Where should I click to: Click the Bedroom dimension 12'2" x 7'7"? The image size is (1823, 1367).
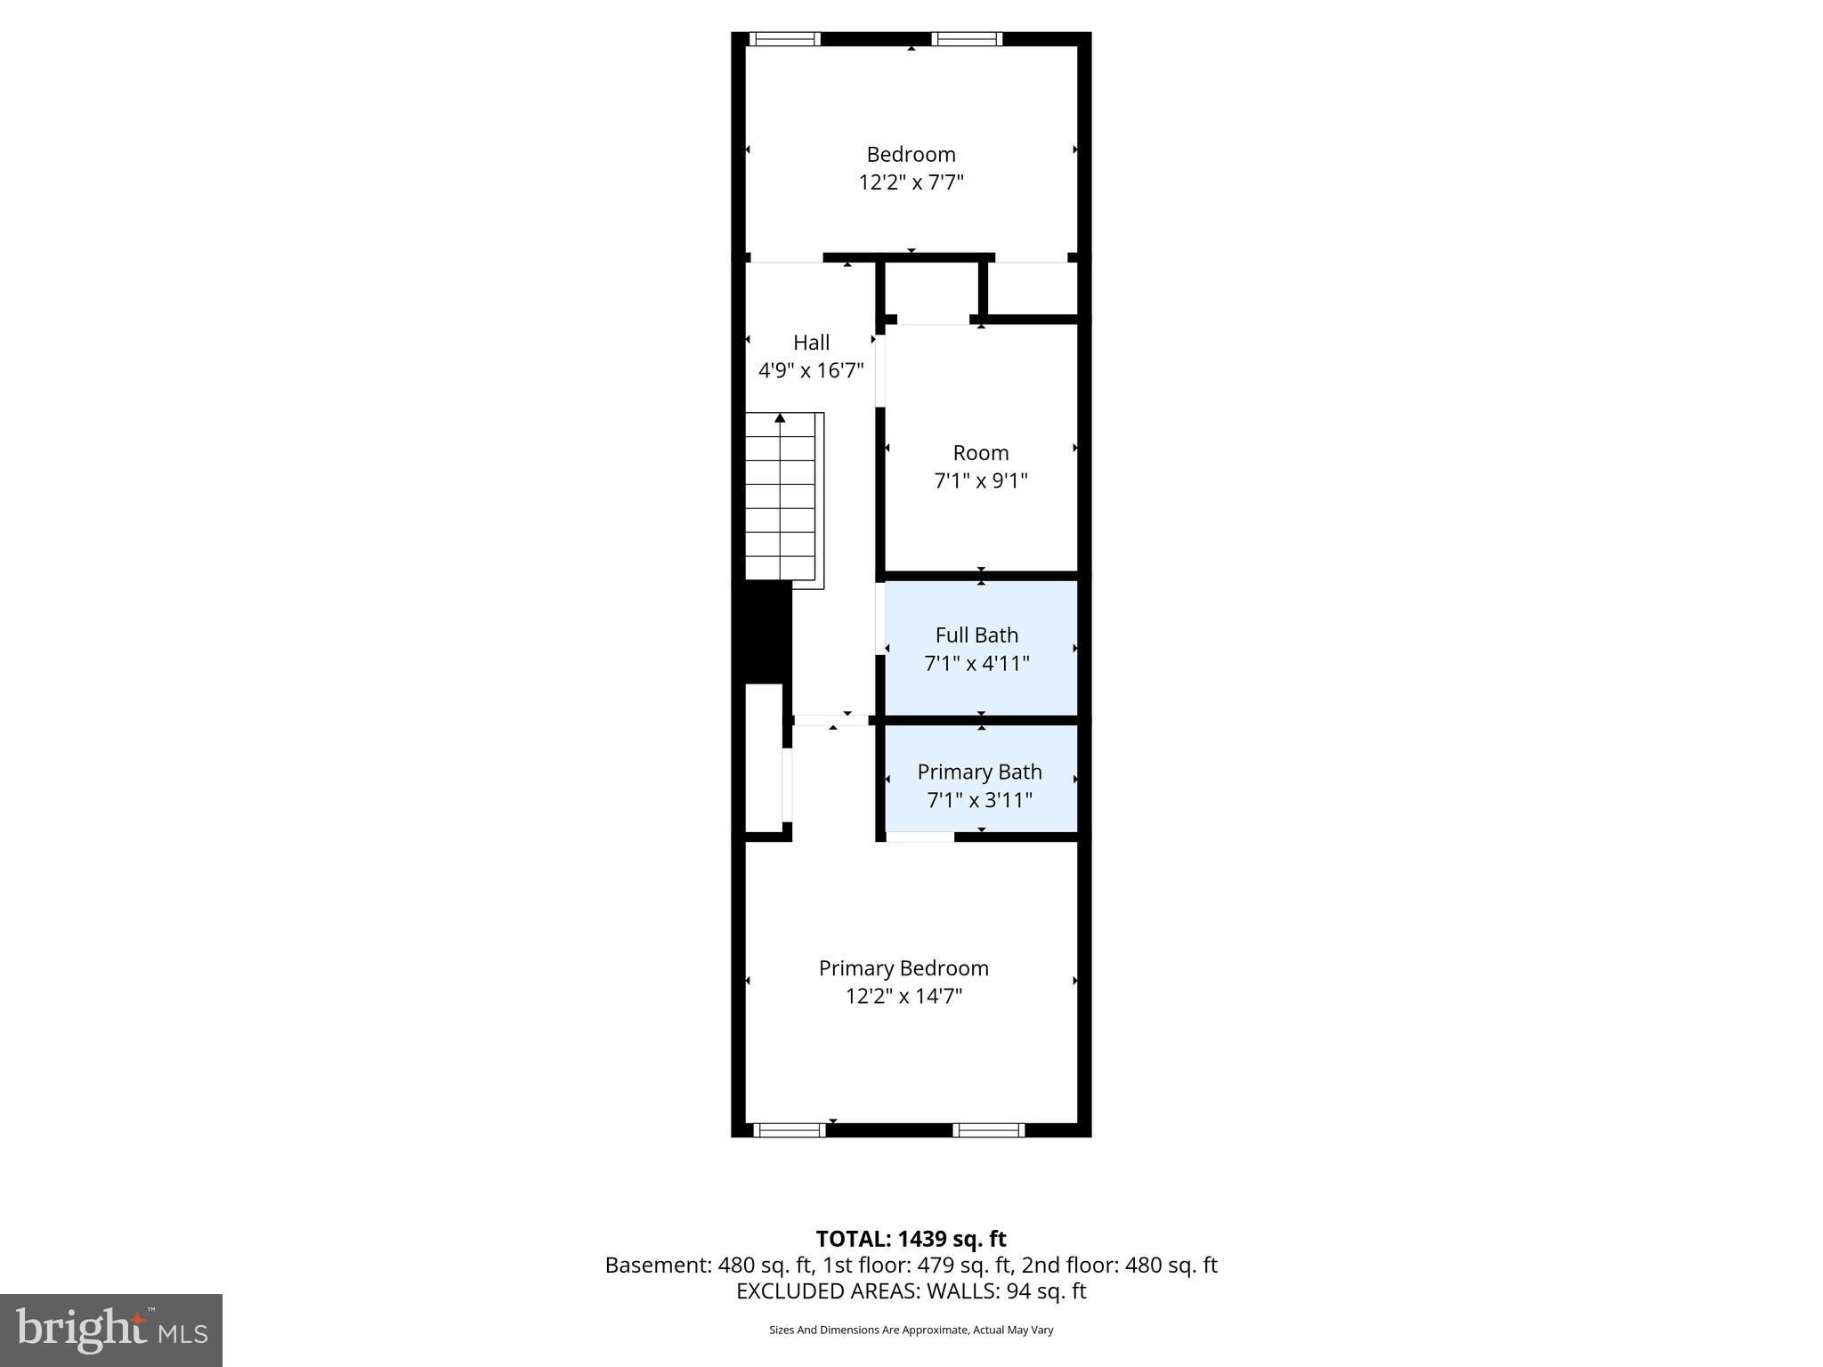(x=911, y=182)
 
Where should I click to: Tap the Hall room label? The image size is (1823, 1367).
(x=811, y=343)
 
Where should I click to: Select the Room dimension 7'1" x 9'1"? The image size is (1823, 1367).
(x=980, y=481)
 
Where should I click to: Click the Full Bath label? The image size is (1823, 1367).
(x=976, y=635)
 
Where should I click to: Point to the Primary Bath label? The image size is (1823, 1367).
(x=979, y=772)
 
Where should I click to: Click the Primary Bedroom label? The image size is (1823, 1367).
(x=903, y=968)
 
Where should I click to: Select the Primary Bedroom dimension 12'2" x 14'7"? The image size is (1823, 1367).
(x=903, y=996)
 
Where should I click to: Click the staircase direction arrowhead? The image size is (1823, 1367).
(x=780, y=417)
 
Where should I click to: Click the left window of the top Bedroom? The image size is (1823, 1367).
(x=784, y=39)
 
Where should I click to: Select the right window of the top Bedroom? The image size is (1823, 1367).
(x=967, y=39)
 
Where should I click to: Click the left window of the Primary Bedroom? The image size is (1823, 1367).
(x=790, y=1130)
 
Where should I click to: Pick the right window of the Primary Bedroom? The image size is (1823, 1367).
(x=988, y=1130)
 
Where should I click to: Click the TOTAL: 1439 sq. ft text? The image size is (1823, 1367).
(x=911, y=1239)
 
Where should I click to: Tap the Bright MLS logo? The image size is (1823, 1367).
(x=111, y=1330)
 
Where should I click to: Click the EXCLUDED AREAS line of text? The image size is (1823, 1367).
(x=911, y=1291)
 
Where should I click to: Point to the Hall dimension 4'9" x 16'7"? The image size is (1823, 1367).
(x=811, y=370)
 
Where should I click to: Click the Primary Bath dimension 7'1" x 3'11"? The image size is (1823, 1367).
(x=979, y=800)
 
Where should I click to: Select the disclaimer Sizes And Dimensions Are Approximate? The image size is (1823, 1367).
(x=911, y=1330)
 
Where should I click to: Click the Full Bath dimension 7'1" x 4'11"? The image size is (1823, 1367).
(x=976, y=663)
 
